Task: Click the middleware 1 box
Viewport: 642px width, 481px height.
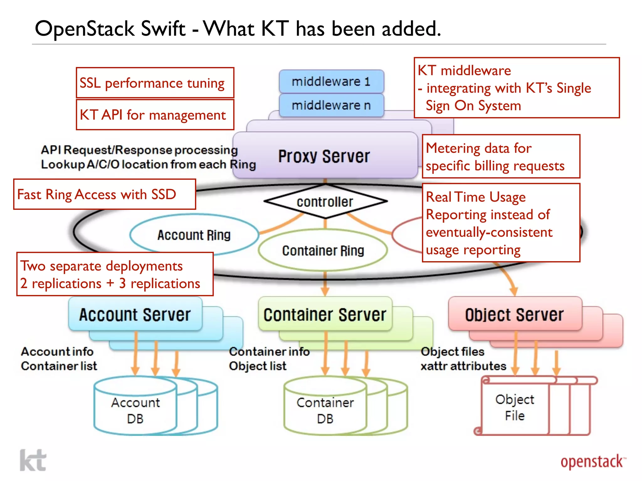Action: pyautogui.click(x=331, y=81)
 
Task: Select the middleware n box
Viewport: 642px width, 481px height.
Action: pyautogui.click(x=331, y=105)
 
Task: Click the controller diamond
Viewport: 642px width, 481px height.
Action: pyautogui.click(x=325, y=202)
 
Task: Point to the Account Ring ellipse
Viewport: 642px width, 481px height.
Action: pyautogui.click(x=194, y=235)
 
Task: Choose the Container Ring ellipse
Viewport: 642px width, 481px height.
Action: pyautogui.click(x=323, y=251)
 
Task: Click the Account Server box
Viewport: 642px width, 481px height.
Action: pyautogui.click(x=135, y=314)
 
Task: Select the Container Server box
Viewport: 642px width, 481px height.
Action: pyautogui.click(x=325, y=314)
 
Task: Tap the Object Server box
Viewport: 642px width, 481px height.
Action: pyautogui.click(x=514, y=314)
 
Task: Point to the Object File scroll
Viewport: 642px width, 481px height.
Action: pyautogui.click(x=514, y=407)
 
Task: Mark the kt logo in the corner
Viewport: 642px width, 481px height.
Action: pyautogui.click(x=33, y=460)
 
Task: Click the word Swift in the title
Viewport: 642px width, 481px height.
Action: pyautogui.click(x=163, y=29)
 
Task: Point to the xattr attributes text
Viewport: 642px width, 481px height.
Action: pyautogui.click(x=463, y=366)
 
